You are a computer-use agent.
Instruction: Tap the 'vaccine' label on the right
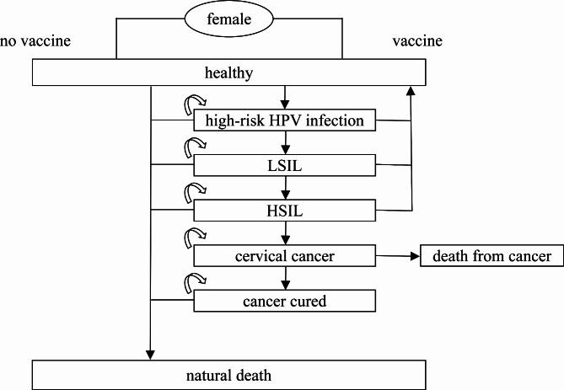[417, 40]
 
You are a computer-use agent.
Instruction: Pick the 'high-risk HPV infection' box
[284, 120]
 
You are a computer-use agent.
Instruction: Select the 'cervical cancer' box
[284, 255]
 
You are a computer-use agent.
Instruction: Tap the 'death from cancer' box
[491, 255]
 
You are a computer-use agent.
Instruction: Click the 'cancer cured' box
[284, 300]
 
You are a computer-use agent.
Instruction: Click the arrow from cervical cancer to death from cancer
[396, 255]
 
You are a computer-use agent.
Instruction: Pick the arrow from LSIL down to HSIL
[286, 188]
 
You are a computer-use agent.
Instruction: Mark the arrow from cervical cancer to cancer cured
[286, 278]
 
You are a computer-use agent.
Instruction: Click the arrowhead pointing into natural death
[150, 354]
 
